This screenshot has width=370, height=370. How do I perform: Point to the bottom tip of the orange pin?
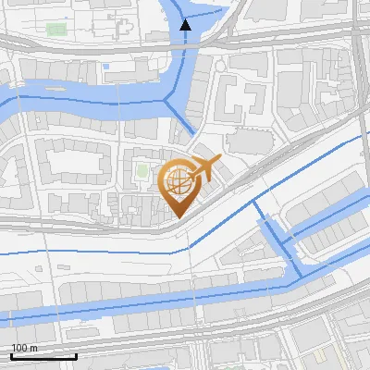click(177, 216)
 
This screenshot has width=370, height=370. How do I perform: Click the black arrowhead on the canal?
click(185, 25)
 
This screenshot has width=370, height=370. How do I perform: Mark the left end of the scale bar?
click(11, 356)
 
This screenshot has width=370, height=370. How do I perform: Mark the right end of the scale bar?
click(76, 356)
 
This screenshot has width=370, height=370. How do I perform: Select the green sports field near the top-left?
click(56, 30)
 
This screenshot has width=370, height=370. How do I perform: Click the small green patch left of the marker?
click(142, 171)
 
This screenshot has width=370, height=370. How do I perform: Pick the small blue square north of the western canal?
click(106, 67)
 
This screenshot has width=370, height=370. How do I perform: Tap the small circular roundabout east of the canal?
click(219, 68)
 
